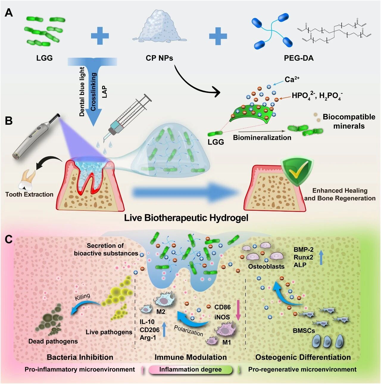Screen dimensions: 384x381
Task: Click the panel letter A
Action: (9, 13)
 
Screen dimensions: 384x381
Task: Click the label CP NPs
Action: (159, 58)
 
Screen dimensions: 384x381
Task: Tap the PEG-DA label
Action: (299, 58)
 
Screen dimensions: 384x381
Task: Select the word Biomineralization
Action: (262, 138)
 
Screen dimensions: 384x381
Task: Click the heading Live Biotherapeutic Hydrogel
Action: (186, 218)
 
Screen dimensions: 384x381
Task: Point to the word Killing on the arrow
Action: (82, 297)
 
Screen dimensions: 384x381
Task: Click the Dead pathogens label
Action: (53, 341)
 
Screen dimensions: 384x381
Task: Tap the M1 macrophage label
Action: (227, 342)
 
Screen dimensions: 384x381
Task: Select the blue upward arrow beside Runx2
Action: (321, 257)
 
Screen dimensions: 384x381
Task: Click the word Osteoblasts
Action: (266, 267)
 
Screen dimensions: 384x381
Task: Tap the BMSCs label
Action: (304, 330)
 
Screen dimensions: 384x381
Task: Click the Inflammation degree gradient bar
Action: (190, 370)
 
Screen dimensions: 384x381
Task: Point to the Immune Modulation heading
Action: (190, 357)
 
